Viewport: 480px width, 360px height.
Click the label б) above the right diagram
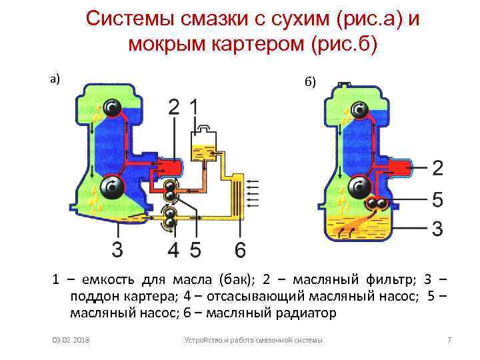click(311, 83)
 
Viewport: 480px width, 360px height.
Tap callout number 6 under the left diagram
click(241, 250)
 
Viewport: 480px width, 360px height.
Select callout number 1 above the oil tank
click(194, 107)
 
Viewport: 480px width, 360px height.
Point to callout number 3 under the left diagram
click(117, 250)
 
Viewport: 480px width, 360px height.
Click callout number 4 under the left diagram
click(173, 250)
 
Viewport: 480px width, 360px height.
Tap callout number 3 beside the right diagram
click(437, 229)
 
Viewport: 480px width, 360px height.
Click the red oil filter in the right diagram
click(398, 168)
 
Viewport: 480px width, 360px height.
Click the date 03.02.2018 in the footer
click(71, 341)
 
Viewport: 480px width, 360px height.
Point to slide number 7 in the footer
click(449, 341)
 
